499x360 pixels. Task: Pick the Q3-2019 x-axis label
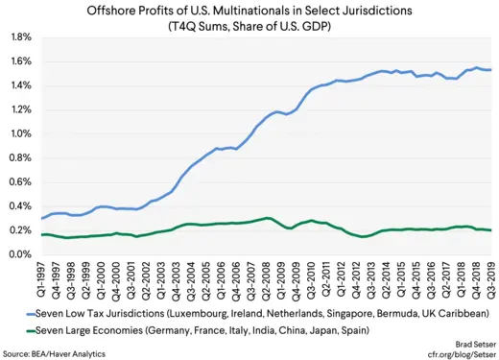(x=492, y=279)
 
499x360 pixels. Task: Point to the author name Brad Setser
(x=471, y=342)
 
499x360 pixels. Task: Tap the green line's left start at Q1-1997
(x=41, y=234)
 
